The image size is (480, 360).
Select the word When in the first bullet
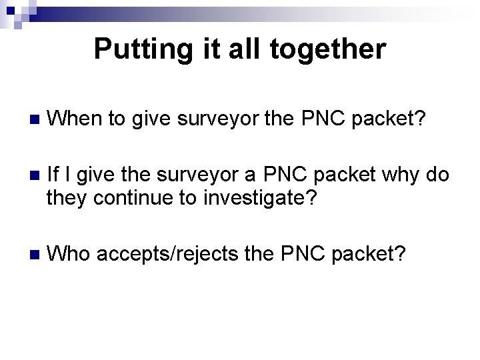(x=75, y=119)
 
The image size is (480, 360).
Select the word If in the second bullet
(x=54, y=176)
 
